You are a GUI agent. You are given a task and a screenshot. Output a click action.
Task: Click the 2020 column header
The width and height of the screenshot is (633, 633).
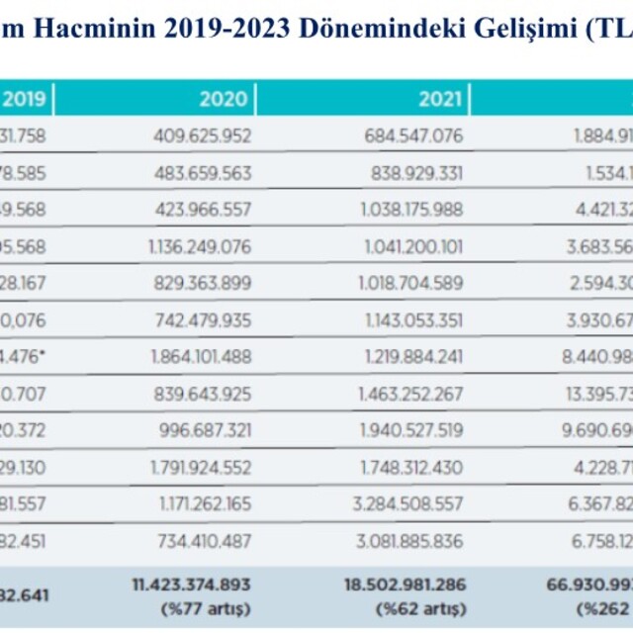coord(224,99)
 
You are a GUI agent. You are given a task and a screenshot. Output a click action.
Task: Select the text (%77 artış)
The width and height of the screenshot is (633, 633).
coord(205,608)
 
